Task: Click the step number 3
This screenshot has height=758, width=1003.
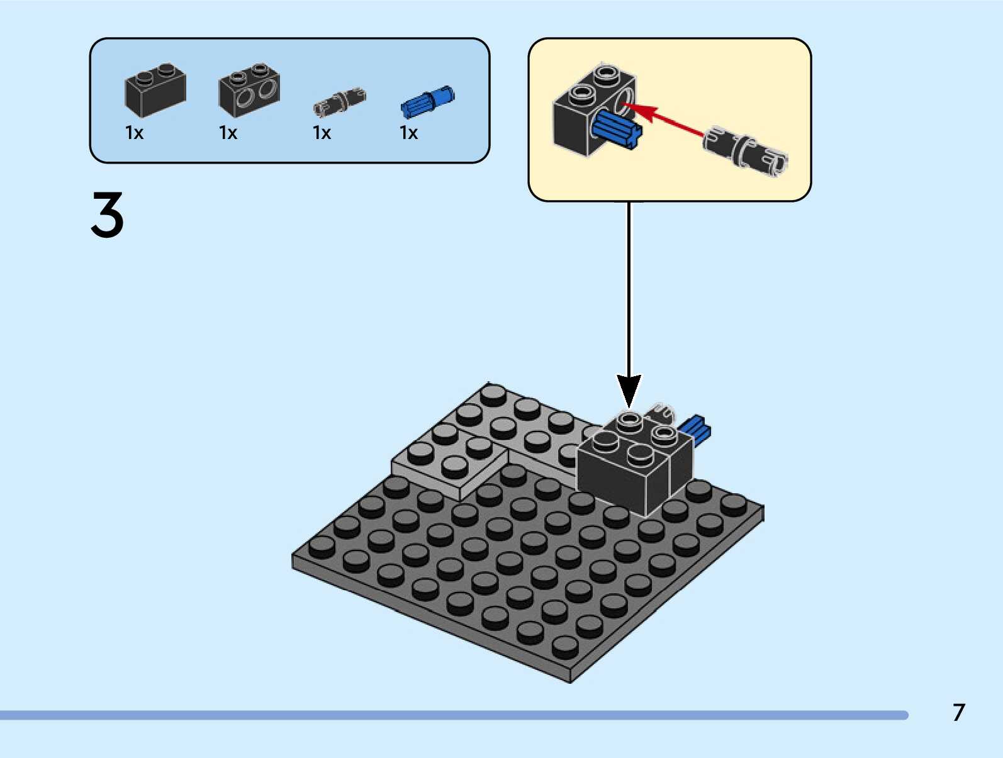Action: pos(108,215)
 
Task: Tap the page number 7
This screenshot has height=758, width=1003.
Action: pos(958,713)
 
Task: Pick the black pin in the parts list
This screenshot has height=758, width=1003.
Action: pos(340,102)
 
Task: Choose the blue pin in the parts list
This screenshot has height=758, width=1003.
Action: pos(427,101)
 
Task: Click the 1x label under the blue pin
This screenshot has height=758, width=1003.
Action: pos(408,133)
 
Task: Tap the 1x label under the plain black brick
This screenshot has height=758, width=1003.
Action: pos(134,133)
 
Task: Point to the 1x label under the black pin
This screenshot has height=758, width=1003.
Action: pos(322,133)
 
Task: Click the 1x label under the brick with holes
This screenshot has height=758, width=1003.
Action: pos(228,133)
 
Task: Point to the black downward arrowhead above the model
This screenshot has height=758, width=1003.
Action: pos(629,390)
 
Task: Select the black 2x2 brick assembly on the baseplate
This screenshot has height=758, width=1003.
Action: pos(632,465)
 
